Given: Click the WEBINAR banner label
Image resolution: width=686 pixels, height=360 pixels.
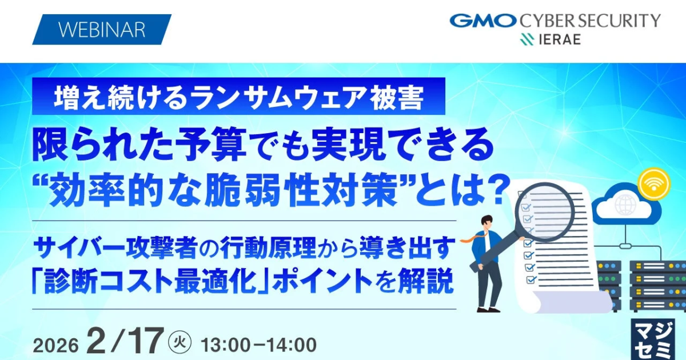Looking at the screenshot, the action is click(102, 29).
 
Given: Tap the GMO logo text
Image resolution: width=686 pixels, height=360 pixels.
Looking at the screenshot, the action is click(483, 21).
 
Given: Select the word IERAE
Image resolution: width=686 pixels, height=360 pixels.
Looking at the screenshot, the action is click(560, 39).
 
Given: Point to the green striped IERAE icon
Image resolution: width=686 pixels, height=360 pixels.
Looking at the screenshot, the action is click(527, 39).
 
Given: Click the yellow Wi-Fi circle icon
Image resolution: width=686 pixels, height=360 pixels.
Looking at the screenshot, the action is click(654, 184).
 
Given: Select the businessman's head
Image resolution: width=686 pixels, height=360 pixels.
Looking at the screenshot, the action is click(486, 224).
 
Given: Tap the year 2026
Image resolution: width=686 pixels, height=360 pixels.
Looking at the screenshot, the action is click(56, 346).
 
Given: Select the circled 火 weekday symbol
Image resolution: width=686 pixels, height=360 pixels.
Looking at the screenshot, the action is click(180, 342).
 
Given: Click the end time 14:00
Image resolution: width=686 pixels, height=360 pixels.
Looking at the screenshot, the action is click(290, 345).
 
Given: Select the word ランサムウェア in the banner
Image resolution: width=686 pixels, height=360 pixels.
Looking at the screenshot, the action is click(275, 97).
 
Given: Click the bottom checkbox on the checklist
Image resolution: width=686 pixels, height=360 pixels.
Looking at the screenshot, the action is click(531, 279).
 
